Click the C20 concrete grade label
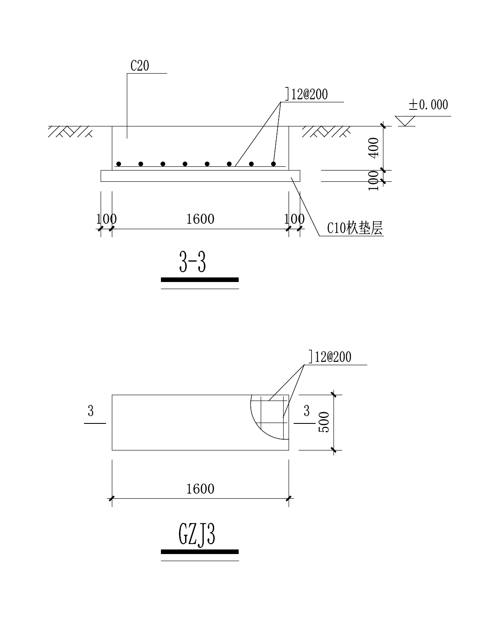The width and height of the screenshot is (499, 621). tap(140, 66)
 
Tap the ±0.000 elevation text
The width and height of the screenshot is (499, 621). tap(428, 104)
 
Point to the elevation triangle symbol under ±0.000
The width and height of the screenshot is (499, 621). tap(405, 121)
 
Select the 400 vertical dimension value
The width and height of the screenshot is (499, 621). tap(374, 147)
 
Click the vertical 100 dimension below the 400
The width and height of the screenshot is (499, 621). tap(374, 181)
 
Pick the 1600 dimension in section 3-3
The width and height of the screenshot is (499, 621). tap(200, 219)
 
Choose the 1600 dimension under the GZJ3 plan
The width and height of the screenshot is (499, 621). tap(200, 488)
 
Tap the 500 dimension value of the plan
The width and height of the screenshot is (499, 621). tap(324, 422)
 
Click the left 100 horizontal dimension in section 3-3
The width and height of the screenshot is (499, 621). tap(106, 219)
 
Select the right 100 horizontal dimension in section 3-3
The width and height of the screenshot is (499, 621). tap(294, 219)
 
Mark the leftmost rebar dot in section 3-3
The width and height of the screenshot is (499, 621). tap(119, 164)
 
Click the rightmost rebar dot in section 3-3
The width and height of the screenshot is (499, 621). tap(274, 164)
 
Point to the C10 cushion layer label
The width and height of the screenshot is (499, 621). tap(354, 228)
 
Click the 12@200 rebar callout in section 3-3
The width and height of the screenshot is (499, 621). tap(307, 94)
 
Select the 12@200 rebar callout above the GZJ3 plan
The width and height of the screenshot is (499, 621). tap(330, 357)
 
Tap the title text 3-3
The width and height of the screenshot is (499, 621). tap(193, 263)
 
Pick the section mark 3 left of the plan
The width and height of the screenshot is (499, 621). tap(91, 411)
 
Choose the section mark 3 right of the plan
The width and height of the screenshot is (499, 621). tap(306, 411)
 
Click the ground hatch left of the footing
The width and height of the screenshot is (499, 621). tap(70, 131)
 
